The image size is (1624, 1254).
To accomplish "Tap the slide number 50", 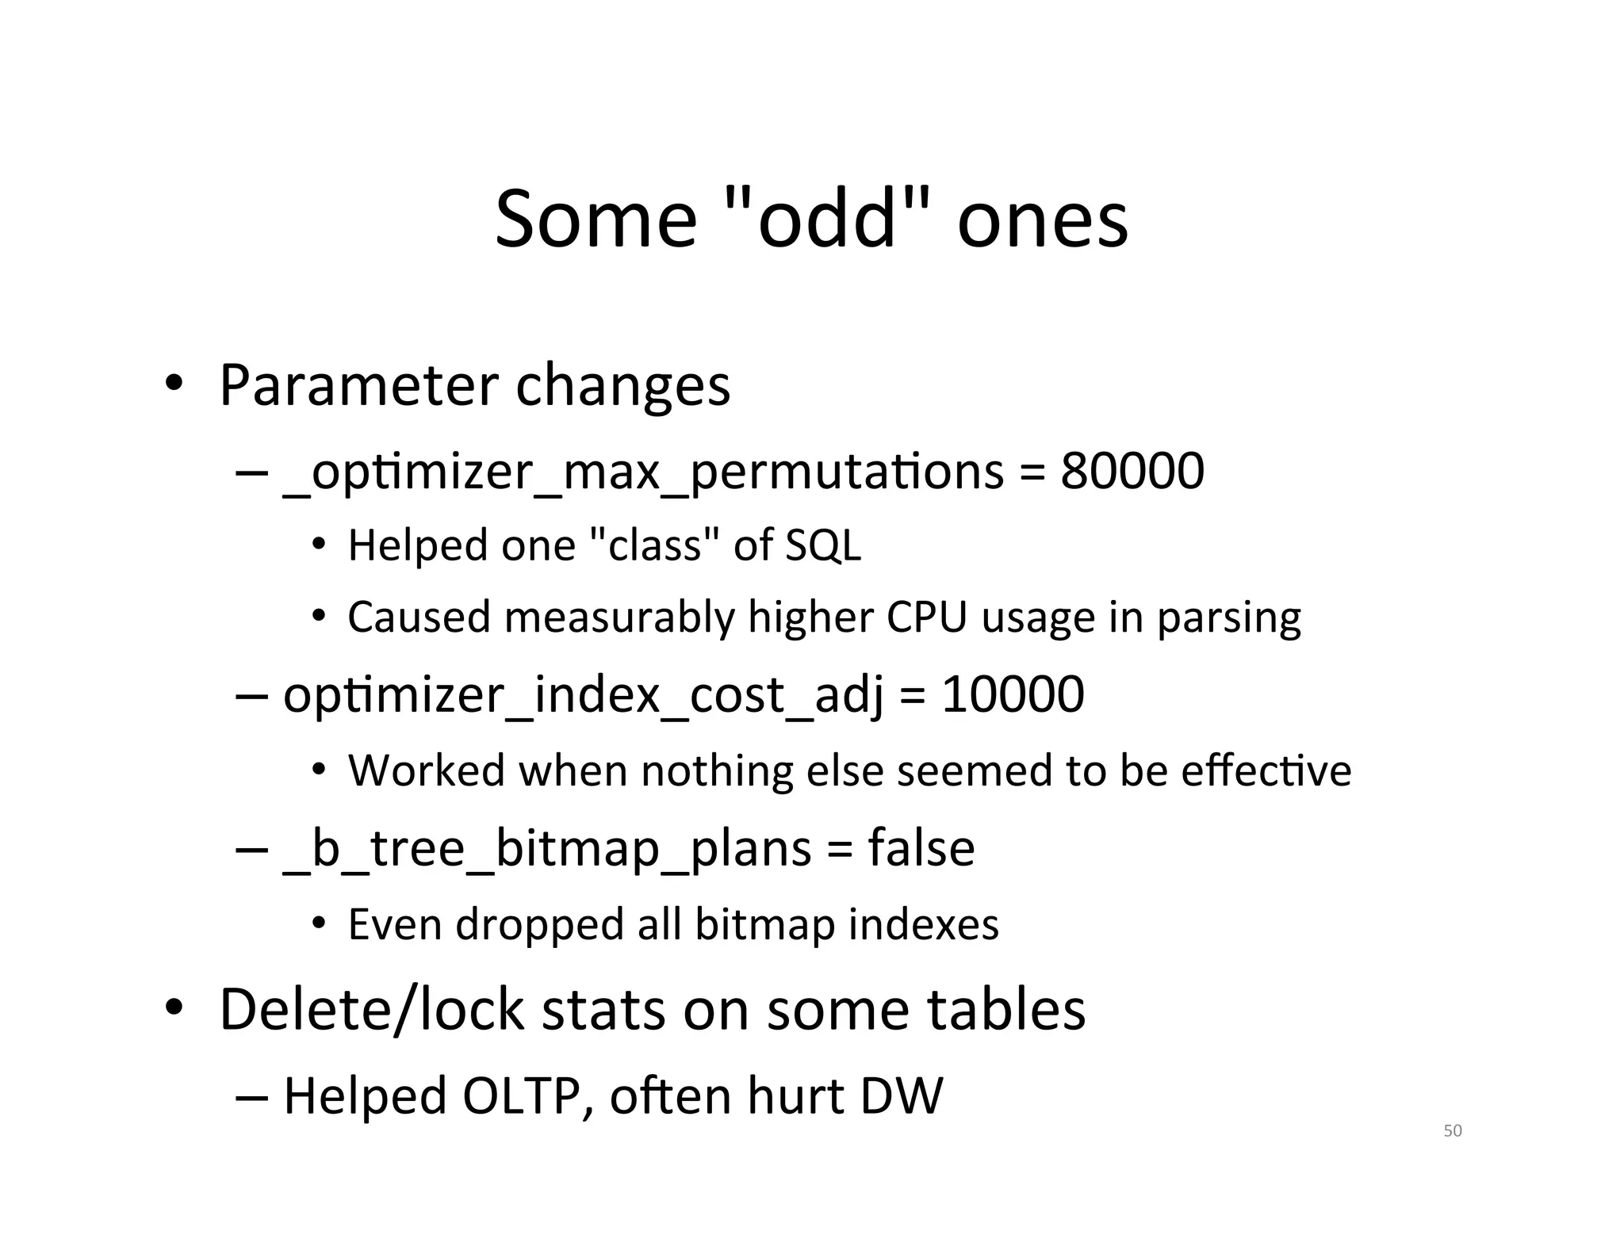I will (1452, 1131).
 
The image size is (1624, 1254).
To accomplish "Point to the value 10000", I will (1013, 694).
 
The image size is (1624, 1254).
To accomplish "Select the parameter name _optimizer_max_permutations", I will (643, 473).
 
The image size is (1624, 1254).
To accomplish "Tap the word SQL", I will (823, 545).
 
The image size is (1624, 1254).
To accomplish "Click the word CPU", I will (926, 617).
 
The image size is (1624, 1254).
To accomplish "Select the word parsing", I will (1228, 618).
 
